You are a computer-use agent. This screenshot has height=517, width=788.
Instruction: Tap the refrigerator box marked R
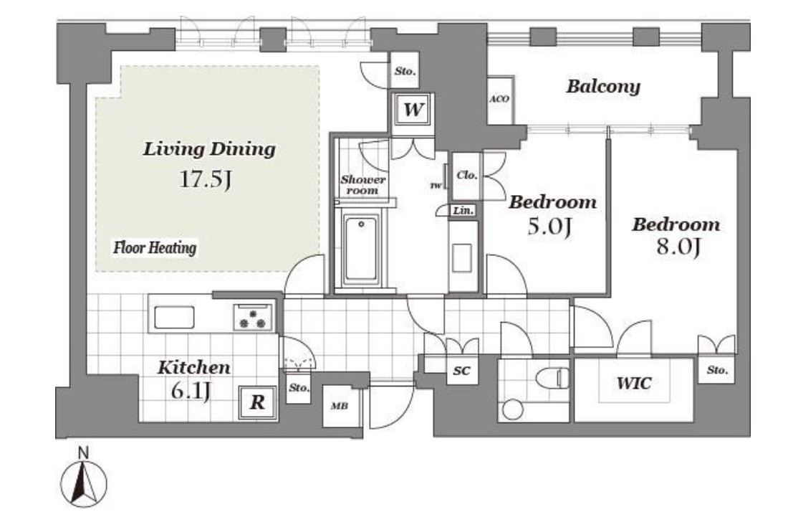pyautogui.click(x=257, y=402)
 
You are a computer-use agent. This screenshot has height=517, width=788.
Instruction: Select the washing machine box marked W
pyautogui.click(x=413, y=109)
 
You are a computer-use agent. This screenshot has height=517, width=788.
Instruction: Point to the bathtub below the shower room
pyautogui.click(x=361, y=248)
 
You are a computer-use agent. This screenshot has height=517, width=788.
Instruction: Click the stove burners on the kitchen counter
pyautogui.click(x=253, y=317)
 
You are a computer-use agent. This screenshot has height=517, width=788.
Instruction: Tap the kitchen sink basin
pyautogui.click(x=174, y=318)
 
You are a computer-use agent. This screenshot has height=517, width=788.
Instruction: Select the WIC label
pyautogui.click(x=634, y=383)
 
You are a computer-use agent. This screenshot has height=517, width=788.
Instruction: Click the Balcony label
pyautogui.click(x=604, y=87)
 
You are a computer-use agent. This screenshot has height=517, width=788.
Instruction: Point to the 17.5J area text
pyautogui.click(x=206, y=179)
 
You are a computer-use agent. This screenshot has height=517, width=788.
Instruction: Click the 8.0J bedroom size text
pyautogui.click(x=678, y=247)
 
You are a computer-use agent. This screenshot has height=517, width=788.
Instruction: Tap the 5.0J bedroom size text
pyautogui.click(x=549, y=227)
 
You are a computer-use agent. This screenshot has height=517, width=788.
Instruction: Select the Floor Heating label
pyautogui.click(x=155, y=248)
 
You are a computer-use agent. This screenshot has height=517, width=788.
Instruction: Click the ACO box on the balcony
pyautogui.click(x=499, y=100)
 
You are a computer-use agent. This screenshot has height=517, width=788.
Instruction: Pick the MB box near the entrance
pyautogui.click(x=340, y=405)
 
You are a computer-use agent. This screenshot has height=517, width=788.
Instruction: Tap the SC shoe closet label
pyautogui.click(x=461, y=371)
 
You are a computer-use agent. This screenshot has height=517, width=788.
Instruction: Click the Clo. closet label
pyautogui.click(x=467, y=175)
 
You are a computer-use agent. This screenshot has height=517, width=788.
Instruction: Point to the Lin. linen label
pyautogui.click(x=463, y=210)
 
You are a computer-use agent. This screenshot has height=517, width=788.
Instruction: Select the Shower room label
pyautogui.click(x=363, y=184)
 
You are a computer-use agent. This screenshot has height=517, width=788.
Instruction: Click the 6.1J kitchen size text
pyautogui.click(x=191, y=391)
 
